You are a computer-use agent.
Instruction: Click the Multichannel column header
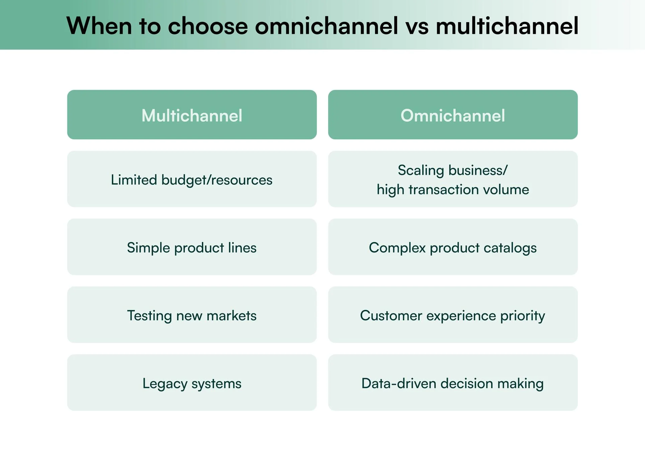pos(192,115)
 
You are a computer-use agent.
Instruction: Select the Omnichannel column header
pos(453,115)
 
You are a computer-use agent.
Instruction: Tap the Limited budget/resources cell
pos(192,179)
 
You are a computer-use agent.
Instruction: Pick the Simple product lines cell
pos(192,247)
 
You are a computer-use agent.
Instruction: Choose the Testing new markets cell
pos(192,315)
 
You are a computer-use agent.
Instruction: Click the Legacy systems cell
pos(192,383)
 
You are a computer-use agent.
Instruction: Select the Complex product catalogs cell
pos(453,247)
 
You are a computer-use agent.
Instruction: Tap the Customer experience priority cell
pos(453,315)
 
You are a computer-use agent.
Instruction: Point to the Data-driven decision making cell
pos(453,383)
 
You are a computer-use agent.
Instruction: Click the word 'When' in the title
pos(99,26)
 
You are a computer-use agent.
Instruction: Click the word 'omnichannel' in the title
pos(326,26)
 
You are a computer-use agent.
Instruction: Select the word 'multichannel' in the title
pos(507,26)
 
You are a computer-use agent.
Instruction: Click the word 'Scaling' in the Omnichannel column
pos(421,171)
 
